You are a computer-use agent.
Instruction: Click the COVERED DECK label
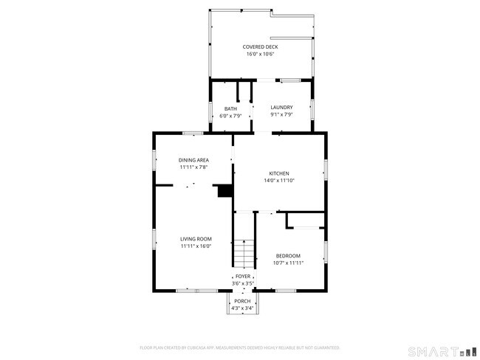[261, 47]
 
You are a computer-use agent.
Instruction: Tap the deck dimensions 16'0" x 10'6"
[261, 54]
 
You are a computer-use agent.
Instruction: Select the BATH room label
[230, 109]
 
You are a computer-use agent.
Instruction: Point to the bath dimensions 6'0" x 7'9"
[230, 116]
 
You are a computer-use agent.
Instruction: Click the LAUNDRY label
[281, 108]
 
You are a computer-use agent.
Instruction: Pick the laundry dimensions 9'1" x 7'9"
[281, 114]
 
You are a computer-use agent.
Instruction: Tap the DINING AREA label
[193, 160]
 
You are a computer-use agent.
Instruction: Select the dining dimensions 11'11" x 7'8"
[193, 167]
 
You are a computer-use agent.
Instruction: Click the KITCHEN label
[278, 173]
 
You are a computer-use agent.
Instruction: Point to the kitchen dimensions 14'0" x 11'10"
[278, 180]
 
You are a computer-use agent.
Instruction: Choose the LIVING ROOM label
[196, 239]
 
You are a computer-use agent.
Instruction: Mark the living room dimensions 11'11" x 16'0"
[196, 246]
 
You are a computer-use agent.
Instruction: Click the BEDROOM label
[288, 255]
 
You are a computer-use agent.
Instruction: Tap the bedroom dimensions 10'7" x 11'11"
[288, 262]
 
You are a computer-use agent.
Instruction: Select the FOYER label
[243, 277]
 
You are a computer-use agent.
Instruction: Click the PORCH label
[242, 302]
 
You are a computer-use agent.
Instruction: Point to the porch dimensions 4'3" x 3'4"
[242, 308]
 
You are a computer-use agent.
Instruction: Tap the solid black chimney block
[224, 191]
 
